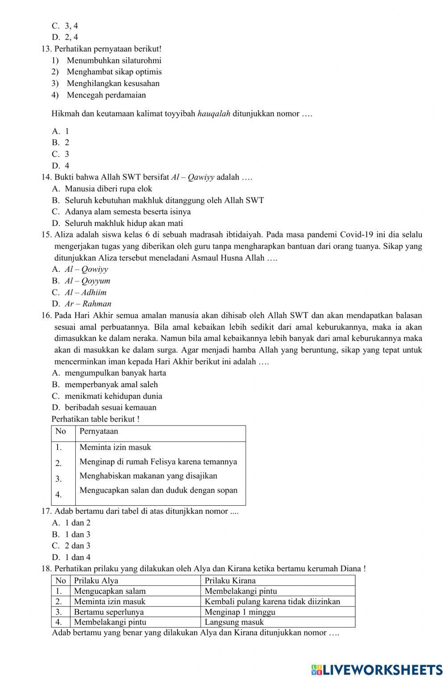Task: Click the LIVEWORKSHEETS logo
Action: pyautogui.click(x=377, y=669)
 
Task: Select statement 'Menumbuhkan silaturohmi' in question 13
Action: pyautogui.click(x=114, y=60)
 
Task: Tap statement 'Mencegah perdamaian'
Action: pyautogui.click(x=106, y=95)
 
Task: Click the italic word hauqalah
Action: pyautogui.click(x=214, y=114)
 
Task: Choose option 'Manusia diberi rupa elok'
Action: pyautogui.click(x=108, y=188)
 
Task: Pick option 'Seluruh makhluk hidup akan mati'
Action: pyautogui.click(x=124, y=223)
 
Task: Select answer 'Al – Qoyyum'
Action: pyautogui.click(x=87, y=281)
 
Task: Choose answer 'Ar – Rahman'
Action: pyautogui.click(x=88, y=304)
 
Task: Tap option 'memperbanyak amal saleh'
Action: pyautogui.click(x=111, y=384)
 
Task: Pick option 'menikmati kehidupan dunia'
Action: pyautogui.click(x=113, y=396)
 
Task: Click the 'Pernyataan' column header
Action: pyautogui.click(x=99, y=431)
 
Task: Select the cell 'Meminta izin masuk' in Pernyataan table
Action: pyautogui.click(x=115, y=447)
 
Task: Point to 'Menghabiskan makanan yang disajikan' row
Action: pyautogui.click(x=148, y=476)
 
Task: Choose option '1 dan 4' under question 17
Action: pyautogui.click(x=78, y=557)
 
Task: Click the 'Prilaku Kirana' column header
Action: pyautogui.click(x=230, y=581)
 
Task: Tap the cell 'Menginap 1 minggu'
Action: pyautogui.click(x=240, y=612)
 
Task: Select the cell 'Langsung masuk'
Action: pyautogui.click(x=234, y=622)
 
